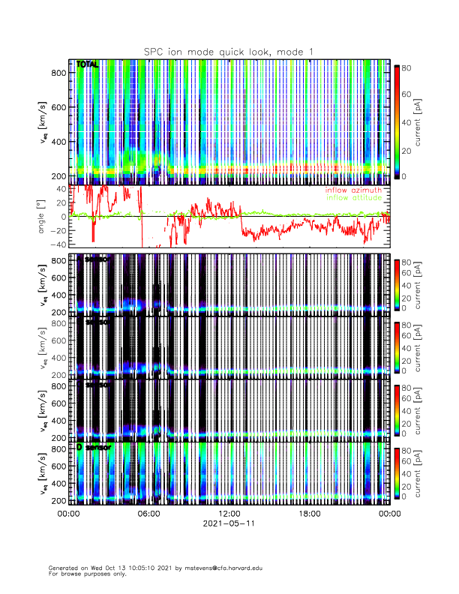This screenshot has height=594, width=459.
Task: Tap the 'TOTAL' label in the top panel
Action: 87,65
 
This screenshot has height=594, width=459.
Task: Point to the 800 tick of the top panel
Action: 57,72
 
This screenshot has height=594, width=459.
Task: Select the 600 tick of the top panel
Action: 57,106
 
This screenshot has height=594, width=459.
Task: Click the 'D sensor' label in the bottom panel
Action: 93,448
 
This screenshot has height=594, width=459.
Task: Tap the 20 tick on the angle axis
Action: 60,202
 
